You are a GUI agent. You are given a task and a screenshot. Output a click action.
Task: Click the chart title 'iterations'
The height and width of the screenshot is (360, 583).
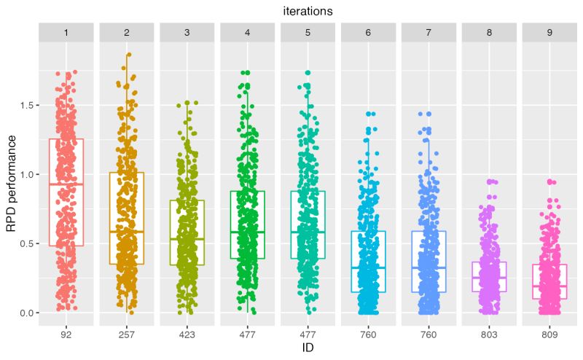click(x=308, y=11)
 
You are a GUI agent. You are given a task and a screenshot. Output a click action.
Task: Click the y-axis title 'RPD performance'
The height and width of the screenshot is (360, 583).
click(x=11, y=174)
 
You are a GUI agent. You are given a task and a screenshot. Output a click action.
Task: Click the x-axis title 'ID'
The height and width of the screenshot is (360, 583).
click(x=308, y=348)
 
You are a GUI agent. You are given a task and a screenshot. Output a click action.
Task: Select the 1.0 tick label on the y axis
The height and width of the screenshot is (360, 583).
click(x=27, y=175)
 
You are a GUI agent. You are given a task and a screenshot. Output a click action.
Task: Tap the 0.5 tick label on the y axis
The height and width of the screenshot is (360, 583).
click(x=27, y=243)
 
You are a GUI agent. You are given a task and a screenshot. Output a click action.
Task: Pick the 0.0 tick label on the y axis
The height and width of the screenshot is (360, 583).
click(x=27, y=313)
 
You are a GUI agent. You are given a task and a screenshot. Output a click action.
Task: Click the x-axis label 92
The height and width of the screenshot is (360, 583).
click(x=66, y=333)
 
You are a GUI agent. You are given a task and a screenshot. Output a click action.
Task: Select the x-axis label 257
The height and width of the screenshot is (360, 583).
click(x=127, y=333)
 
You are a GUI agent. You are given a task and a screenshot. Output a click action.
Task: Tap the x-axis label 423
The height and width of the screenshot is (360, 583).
click(x=187, y=333)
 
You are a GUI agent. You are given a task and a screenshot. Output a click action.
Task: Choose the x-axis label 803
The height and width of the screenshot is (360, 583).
click(x=489, y=333)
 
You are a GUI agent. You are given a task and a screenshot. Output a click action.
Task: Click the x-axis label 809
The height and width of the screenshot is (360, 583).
click(x=549, y=333)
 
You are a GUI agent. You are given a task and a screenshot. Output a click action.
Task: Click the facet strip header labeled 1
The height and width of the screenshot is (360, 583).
click(x=66, y=33)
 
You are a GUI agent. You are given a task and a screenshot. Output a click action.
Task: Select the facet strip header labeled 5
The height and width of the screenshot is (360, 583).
click(x=308, y=33)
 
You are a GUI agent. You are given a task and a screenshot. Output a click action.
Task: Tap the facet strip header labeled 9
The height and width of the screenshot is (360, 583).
click(x=549, y=33)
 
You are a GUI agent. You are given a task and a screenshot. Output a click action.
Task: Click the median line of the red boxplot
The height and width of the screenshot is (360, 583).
click(x=66, y=184)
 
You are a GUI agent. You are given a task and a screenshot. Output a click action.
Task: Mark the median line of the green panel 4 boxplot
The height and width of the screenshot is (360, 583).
click(x=248, y=232)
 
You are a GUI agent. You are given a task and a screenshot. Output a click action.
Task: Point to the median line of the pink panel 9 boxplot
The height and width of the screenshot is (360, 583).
click(x=549, y=286)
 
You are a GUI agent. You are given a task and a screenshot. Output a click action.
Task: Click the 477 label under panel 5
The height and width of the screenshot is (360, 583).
click(x=308, y=333)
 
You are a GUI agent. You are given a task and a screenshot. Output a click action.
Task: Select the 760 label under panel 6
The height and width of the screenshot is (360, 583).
click(x=369, y=333)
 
